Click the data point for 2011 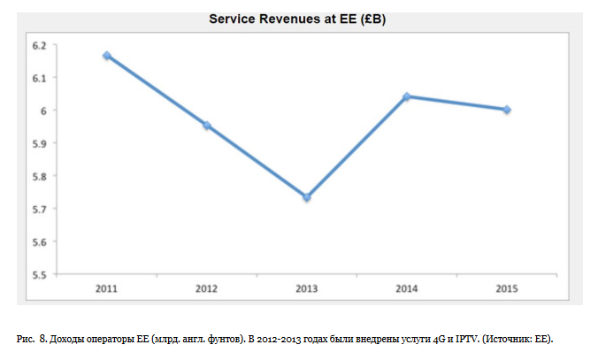106,56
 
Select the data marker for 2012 207,126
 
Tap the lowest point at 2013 307,197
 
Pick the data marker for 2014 407,96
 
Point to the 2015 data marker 507,110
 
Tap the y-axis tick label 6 42,111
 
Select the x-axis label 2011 106,288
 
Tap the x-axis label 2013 307,288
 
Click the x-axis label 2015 507,288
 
